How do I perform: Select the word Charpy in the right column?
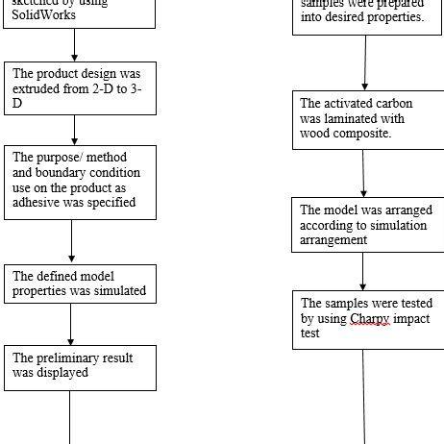pyautogui.click(x=370, y=319)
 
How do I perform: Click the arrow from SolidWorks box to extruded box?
pyautogui.click(x=74, y=45)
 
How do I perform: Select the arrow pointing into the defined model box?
pyautogui.click(x=71, y=242)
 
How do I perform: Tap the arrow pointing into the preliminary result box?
pyautogui.click(x=71, y=323)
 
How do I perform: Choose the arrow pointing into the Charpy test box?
pyautogui.click(x=362, y=272)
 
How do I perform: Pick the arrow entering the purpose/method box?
pyautogui.click(x=74, y=130)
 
